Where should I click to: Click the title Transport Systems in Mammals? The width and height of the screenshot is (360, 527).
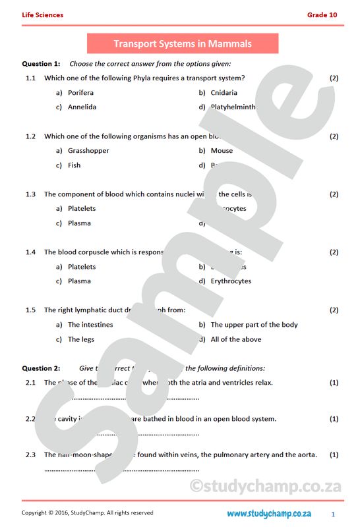tap(183, 44)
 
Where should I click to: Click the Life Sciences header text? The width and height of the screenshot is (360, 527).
tap(42, 14)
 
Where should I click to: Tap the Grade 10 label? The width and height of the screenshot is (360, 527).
tap(322, 14)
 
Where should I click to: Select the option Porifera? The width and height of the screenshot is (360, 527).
tap(80, 93)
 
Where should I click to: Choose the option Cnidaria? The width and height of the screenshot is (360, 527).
tap(224, 93)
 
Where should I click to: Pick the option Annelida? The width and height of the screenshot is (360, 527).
tap(82, 107)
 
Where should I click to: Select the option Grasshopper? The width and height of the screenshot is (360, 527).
tap(88, 151)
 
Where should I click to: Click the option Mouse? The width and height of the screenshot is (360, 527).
tap(222, 151)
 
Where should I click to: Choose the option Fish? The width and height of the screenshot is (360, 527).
tap(74, 165)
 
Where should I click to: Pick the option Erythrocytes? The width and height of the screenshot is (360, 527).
tap(231, 281)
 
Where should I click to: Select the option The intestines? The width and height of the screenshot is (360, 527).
tap(90, 325)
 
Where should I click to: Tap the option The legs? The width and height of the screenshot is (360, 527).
tap(80, 339)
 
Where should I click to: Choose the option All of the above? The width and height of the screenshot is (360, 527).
tap(235, 339)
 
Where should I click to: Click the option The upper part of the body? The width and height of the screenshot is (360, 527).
tap(254, 325)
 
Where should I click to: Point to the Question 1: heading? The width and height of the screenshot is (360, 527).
tap(41, 64)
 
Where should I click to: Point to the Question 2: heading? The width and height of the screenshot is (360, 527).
tap(41, 368)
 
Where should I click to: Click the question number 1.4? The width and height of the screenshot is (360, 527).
tap(30, 252)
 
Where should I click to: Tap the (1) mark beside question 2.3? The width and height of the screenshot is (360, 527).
tap(334, 455)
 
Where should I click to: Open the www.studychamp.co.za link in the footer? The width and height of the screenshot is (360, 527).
tap(269, 513)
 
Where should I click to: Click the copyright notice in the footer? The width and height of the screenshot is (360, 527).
tap(87, 513)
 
